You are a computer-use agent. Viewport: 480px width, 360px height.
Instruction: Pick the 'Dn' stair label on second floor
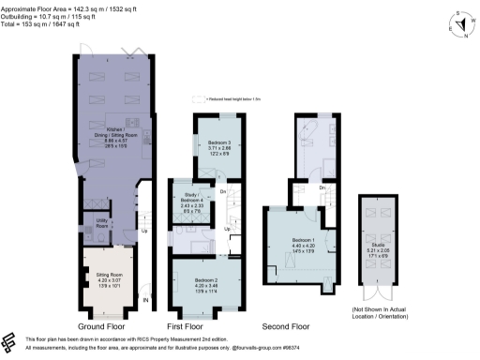pos(321,187)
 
